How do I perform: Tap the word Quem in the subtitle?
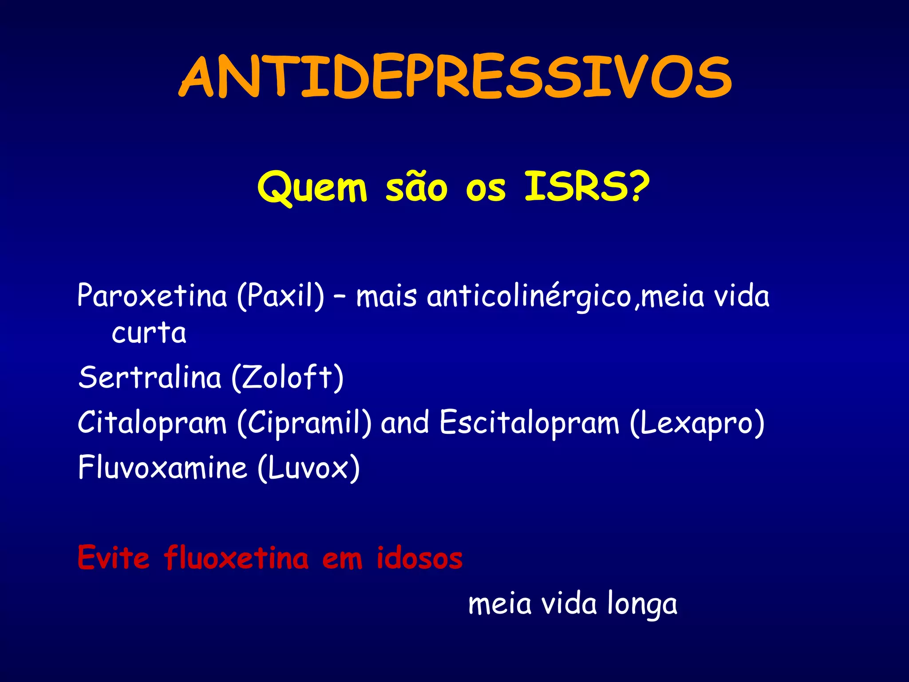point(312,188)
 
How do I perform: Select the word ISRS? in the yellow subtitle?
point(587,186)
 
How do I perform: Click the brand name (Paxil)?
point(281,297)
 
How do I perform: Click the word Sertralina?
point(150,377)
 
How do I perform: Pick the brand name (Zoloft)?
point(288,378)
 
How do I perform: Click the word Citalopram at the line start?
point(152,423)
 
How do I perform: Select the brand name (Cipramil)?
point(304,423)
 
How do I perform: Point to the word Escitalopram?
point(529,423)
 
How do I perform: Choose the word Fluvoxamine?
point(162,468)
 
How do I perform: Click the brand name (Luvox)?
point(308,468)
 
